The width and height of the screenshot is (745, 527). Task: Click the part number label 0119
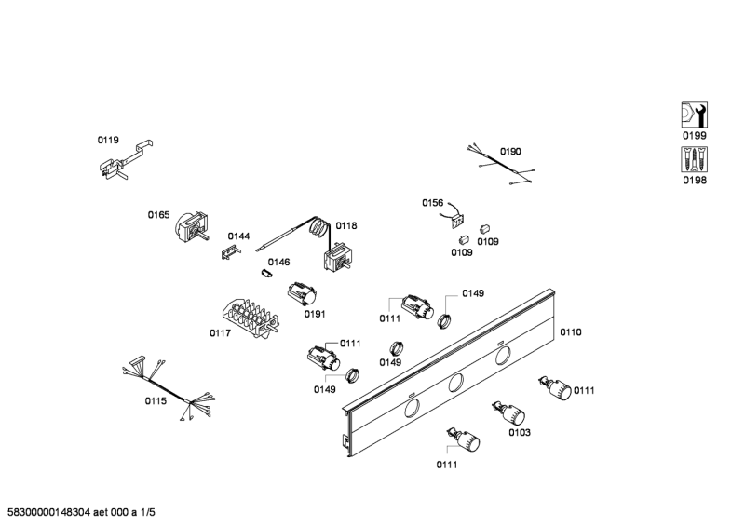pyautogui.click(x=108, y=141)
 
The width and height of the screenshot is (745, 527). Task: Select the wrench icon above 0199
pyautogui.click(x=694, y=115)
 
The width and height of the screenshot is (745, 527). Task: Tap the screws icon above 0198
pyautogui.click(x=694, y=159)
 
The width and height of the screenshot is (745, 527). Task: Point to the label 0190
pyautogui.click(x=510, y=151)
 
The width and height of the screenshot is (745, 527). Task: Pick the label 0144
pyautogui.click(x=238, y=236)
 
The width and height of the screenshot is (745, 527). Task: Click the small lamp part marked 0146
pyautogui.click(x=265, y=274)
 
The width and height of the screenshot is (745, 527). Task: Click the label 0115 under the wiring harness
pyautogui.click(x=155, y=401)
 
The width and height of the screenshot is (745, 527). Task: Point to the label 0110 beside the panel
pyautogui.click(x=570, y=331)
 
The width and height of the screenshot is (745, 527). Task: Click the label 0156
pyautogui.click(x=432, y=202)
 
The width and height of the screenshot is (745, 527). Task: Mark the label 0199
pyautogui.click(x=694, y=136)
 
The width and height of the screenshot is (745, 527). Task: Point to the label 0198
pyautogui.click(x=694, y=181)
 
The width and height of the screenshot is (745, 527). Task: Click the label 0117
pyautogui.click(x=220, y=333)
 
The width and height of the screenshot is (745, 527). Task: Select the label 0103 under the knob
pyautogui.click(x=519, y=432)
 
